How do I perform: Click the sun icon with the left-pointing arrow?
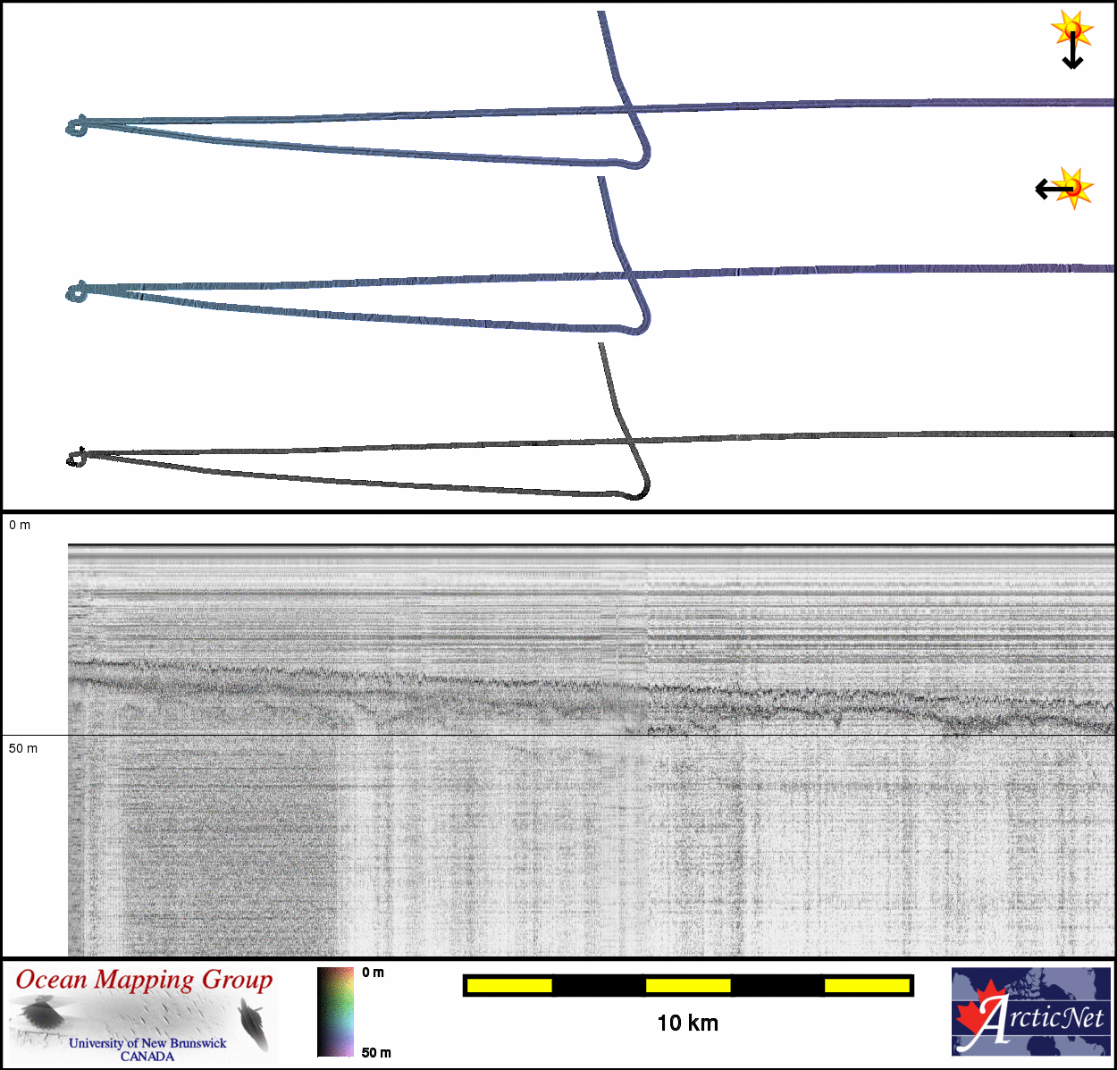click(1071, 188)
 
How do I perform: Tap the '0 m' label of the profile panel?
click(20, 526)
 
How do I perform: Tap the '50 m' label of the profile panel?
click(23, 748)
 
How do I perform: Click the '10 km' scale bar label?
click(687, 1024)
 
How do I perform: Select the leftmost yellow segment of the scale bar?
click(509, 985)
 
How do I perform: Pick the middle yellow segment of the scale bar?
click(688, 985)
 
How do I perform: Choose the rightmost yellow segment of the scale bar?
click(867, 985)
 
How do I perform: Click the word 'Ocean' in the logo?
click(52, 980)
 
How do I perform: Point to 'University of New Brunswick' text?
click(147, 1042)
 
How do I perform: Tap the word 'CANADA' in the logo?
click(147, 1056)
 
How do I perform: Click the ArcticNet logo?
click(1031, 1012)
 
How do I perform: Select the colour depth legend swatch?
click(335, 1012)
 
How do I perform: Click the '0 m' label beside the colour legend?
click(374, 973)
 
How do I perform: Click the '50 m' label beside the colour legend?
click(376, 1052)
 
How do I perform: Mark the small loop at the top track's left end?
click(77, 126)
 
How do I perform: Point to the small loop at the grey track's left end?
click(76, 459)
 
